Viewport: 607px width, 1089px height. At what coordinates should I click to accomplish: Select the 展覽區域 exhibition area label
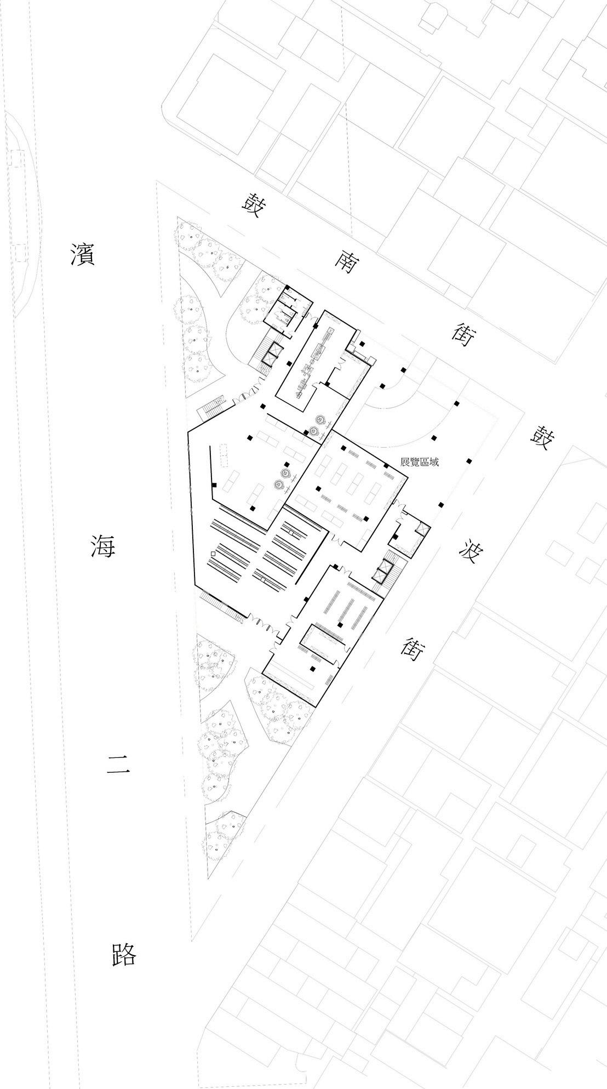pos(420,462)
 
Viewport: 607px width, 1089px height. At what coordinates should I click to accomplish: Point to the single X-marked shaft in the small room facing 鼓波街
pos(421,529)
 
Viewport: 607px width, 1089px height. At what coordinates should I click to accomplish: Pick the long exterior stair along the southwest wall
pos(222,607)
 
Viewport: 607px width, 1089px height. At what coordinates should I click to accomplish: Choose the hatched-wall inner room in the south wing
pos(323,643)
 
